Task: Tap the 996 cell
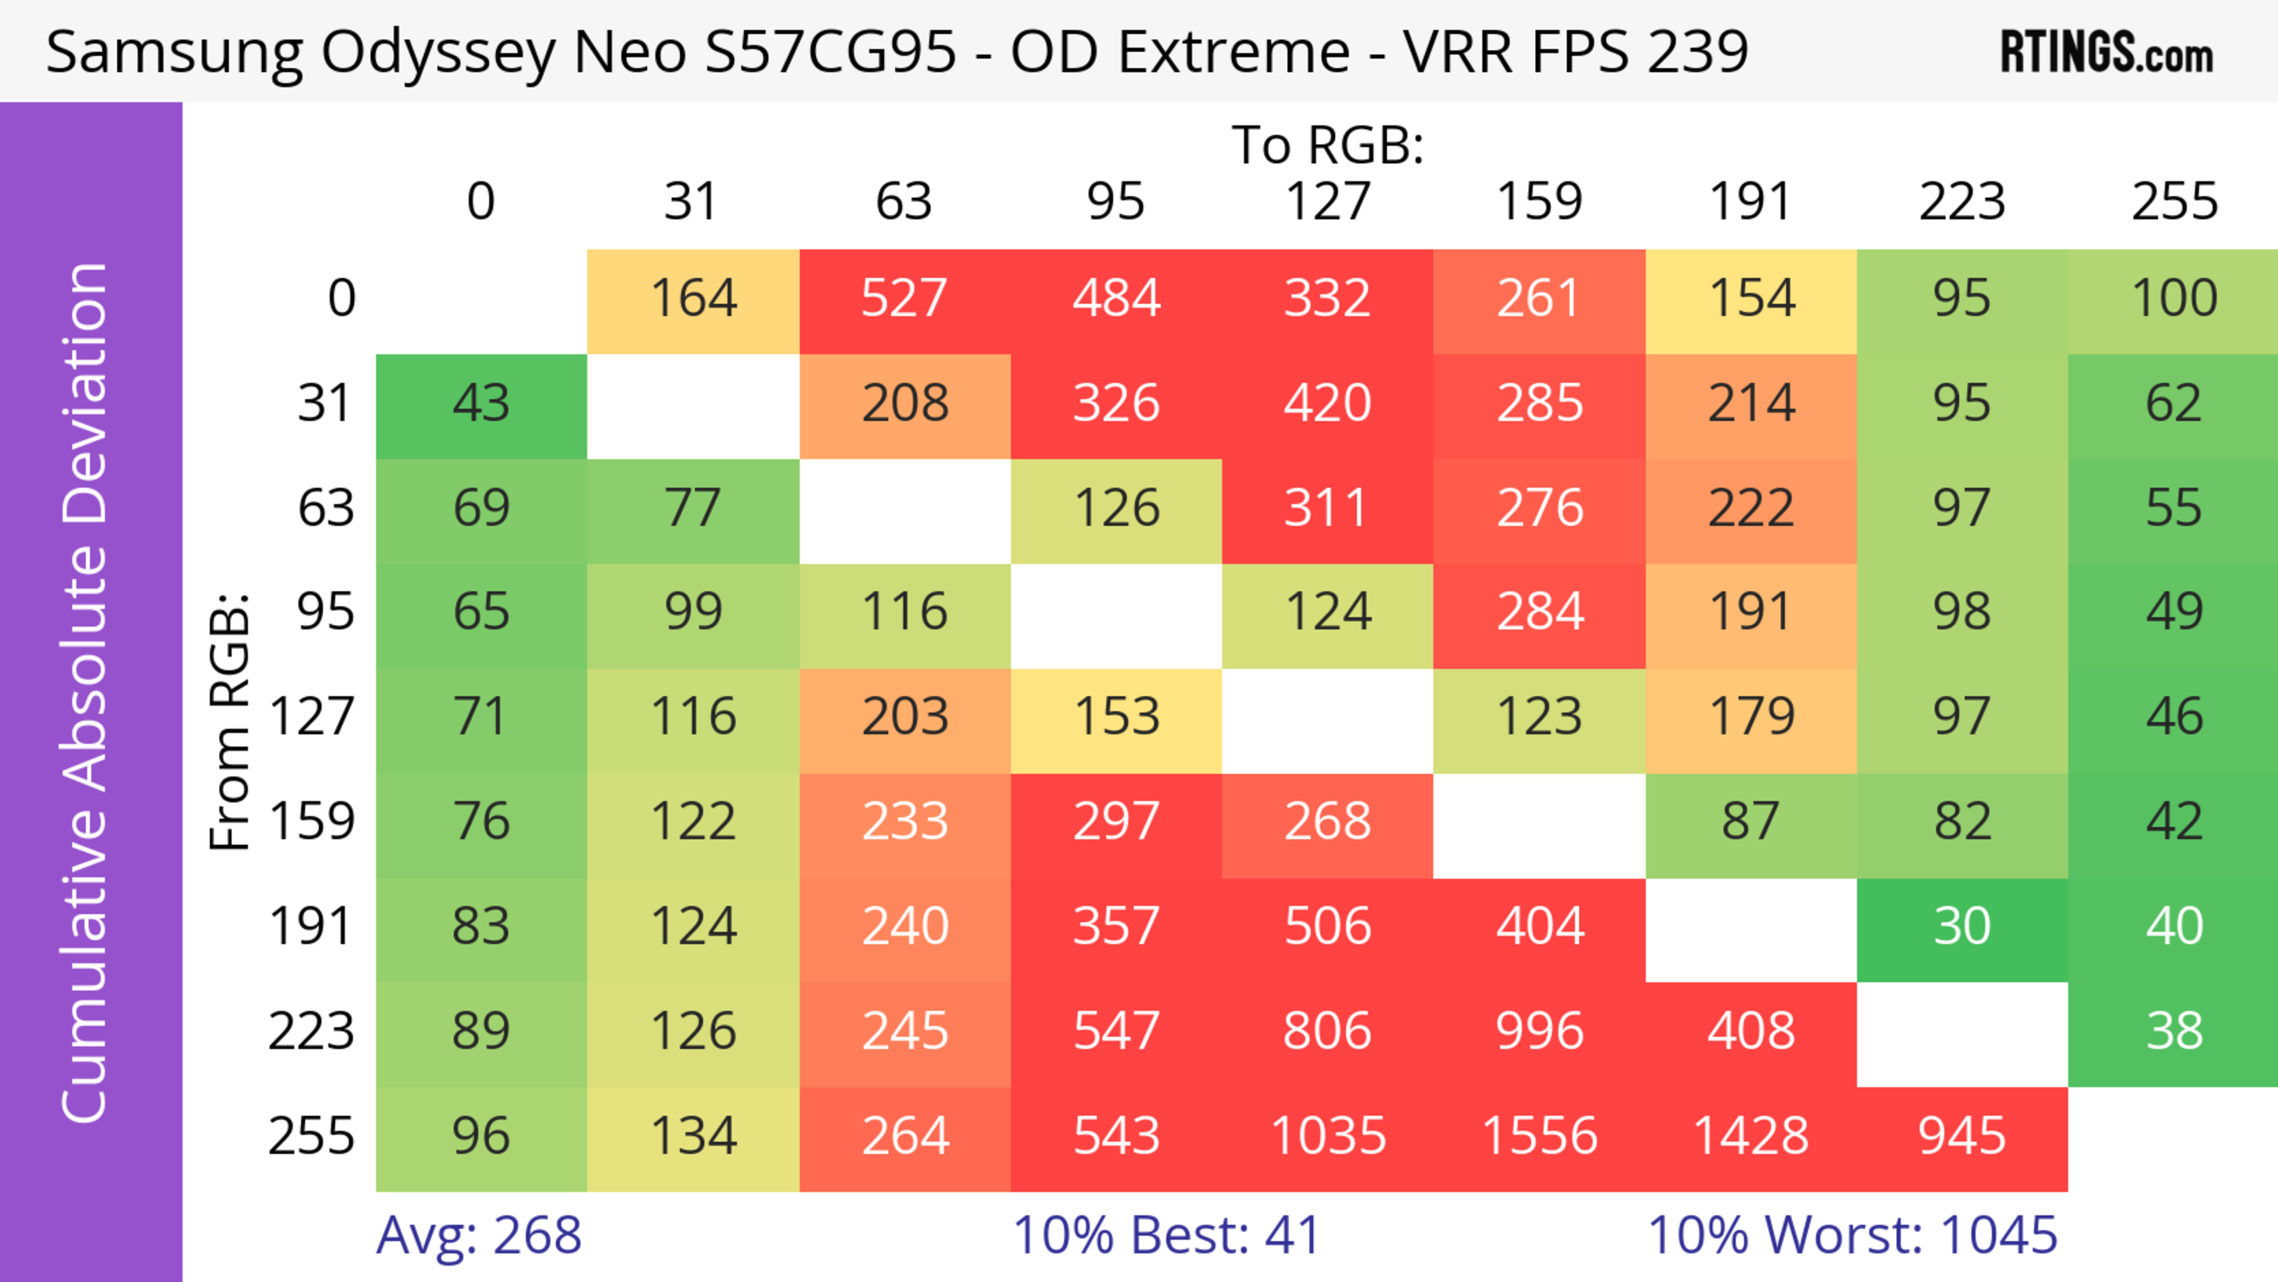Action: tap(1539, 1032)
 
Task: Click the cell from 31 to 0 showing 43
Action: tap(481, 404)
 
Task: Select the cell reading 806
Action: tap(1328, 1032)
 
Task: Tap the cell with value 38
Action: tap(2174, 1032)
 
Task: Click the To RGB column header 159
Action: tap(1539, 202)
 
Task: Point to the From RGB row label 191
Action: tap(311, 927)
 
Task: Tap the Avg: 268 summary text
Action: tap(478, 1235)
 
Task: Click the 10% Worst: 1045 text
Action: tap(1851, 1235)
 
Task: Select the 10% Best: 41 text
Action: tap(1166, 1235)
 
